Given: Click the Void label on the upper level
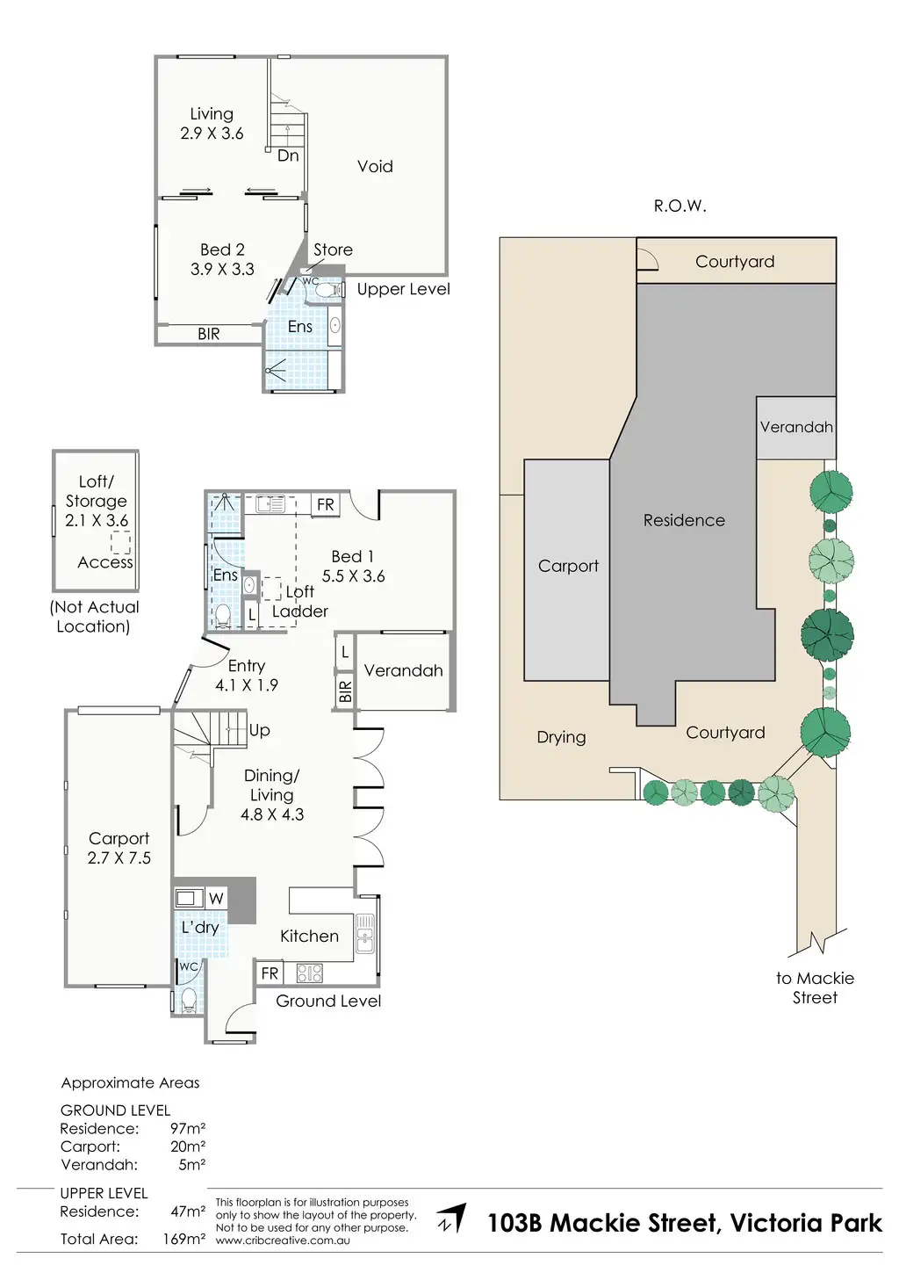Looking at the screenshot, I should tap(375, 166).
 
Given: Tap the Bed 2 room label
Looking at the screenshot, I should tap(222, 250).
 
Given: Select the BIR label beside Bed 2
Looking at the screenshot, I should tap(208, 334).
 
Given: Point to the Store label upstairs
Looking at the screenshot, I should tap(333, 250).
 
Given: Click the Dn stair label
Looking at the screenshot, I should tap(288, 156).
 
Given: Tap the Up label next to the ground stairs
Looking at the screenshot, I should tap(259, 730).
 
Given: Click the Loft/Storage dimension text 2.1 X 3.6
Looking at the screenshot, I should tap(97, 520).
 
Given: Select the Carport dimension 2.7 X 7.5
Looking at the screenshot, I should tap(119, 857).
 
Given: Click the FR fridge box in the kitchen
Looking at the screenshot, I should tap(270, 973).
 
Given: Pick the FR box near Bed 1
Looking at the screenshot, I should tap(326, 504).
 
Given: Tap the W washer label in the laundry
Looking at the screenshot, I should tap(216, 898).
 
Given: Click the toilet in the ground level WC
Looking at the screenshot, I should tap(189, 998).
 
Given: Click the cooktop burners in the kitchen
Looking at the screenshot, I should tap(310, 973).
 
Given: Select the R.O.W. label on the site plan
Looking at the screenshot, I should tap(680, 206).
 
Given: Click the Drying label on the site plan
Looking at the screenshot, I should tap(561, 737).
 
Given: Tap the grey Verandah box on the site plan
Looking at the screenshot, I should tap(795, 428).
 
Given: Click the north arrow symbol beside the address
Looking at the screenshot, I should tap(452, 1219).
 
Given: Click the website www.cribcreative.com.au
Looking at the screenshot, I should tap(283, 1240).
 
